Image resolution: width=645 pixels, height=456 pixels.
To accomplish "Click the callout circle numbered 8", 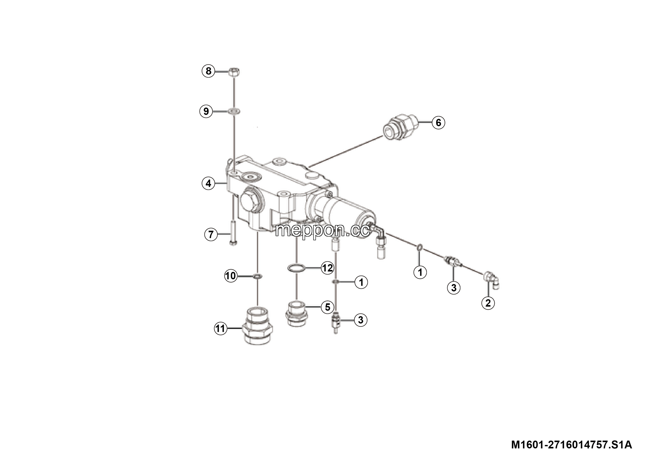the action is (x=208, y=71).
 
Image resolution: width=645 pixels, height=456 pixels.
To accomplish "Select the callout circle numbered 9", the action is (x=206, y=111).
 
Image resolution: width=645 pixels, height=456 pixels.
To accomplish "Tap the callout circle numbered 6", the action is (x=438, y=123).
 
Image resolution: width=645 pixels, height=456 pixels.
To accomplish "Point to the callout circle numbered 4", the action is (x=208, y=184).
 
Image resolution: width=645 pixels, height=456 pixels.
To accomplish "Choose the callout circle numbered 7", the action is (x=211, y=234).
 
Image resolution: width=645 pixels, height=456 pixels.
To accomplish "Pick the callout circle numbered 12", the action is (x=328, y=268).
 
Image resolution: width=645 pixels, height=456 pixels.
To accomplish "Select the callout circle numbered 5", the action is (x=328, y=307).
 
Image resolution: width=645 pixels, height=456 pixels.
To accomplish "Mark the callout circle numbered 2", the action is (x=488, y=303).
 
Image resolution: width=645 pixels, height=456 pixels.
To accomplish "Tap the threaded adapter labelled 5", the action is (x=297, y=314).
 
